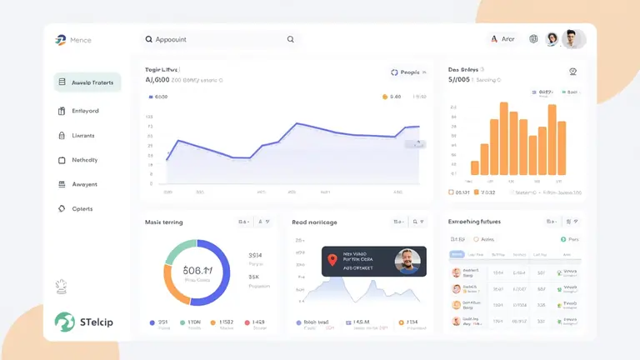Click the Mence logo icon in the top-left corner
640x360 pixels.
click(60, 40)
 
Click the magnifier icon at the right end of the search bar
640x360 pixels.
click(291, 39)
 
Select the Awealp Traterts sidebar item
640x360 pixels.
click(87, 82)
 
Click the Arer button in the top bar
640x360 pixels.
click(503, 39)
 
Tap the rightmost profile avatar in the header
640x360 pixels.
click(572, 39)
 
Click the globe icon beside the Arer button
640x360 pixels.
click(533, 39)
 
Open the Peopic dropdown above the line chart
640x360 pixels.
click(408, 72)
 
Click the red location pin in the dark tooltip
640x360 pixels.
click(332, 260)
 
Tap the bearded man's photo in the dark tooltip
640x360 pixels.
click(407, 262)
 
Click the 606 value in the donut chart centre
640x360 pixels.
click(197, 271)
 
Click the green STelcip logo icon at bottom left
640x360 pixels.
click(64, 322)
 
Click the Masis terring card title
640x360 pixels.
click(163, 222)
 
